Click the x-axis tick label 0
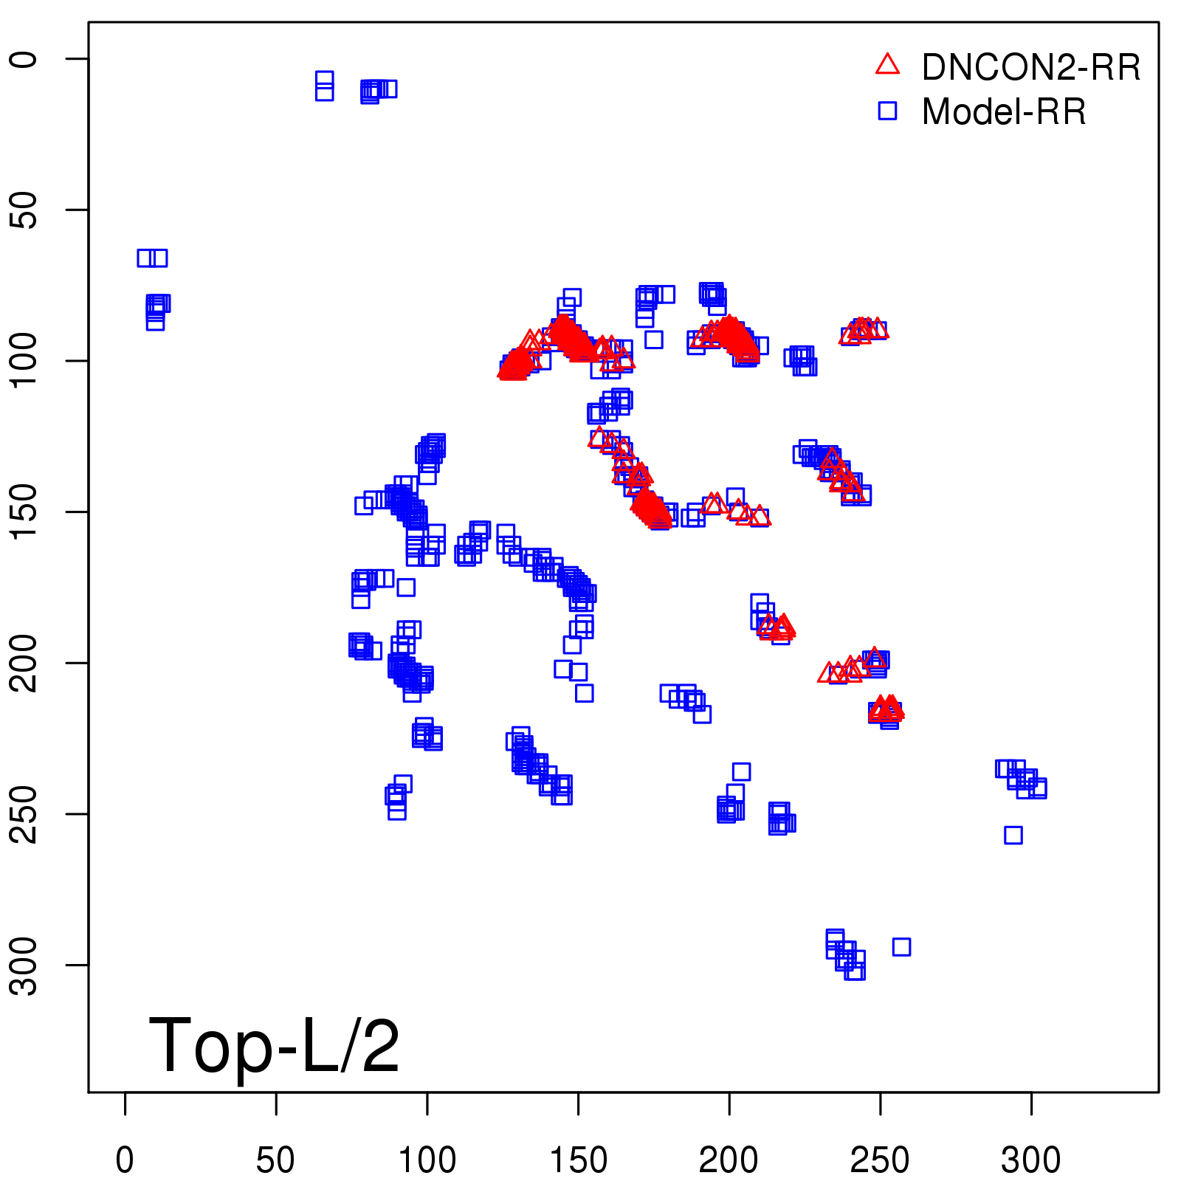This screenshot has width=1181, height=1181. (x=125, y=1160)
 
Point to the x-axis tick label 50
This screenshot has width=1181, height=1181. (x=275, y=1160)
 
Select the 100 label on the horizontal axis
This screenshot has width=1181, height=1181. (x=427, y=1160)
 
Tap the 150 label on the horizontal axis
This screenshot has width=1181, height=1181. (x=578, y=1160)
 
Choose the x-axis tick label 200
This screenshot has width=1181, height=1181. (x=729, y=1160)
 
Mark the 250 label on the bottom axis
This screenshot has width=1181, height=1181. (x=880, y=1160)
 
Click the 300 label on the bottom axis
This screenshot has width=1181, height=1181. (x=1030, y=1160)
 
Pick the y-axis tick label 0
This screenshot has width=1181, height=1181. (x=24, y=59)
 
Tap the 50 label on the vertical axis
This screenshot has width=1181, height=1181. (x=24, y=210)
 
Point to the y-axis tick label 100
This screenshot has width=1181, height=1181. (x=24, y=361)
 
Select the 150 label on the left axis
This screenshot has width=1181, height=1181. (x=24, y=512)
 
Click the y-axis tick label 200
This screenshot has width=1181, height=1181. (x=24, y=663)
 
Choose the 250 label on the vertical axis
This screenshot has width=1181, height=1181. (x=24, y=813)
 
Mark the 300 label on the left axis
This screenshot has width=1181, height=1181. (x=24, y=965)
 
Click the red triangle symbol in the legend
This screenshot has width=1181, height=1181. (x=887, y=65)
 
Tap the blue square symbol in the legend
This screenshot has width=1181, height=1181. (x=887, y=111)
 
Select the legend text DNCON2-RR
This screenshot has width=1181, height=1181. (x=1031, y=68)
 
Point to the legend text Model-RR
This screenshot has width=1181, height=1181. (x=1004, y=112)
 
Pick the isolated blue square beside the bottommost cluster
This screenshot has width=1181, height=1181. (x=901, y=947)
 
